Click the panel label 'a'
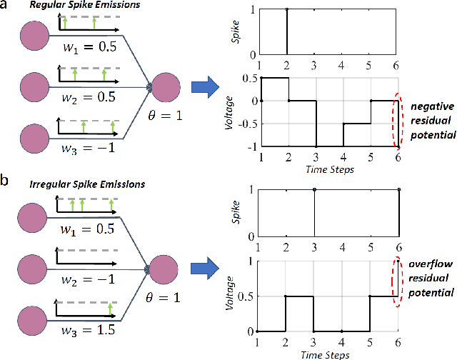pos(6,6)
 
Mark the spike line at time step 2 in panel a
pos(288,31)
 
